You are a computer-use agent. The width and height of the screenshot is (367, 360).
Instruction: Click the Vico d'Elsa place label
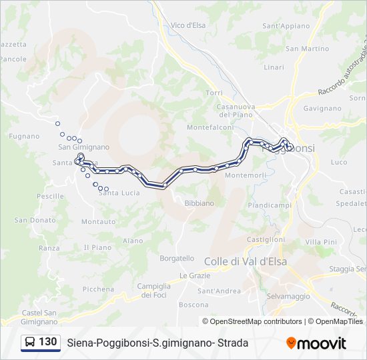[x=188, y=25]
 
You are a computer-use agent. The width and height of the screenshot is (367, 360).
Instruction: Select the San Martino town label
[x=307, y=49]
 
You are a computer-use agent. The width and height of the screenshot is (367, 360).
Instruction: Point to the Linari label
[x=274, y=67]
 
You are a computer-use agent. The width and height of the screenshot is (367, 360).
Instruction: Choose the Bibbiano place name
[x=200, y=203]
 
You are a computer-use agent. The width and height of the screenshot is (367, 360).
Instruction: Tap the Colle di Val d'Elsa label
[x=245, y=261]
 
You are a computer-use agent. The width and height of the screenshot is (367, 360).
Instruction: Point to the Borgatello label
[x=177, y=258]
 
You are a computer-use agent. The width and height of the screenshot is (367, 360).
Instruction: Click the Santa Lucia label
[x=119, y=193]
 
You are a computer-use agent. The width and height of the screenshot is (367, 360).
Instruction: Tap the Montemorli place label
[x=246, y=175]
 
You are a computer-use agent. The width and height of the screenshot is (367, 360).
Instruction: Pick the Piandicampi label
[x=270, y=205]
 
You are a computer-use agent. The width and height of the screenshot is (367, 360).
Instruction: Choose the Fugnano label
[x=25, y=136]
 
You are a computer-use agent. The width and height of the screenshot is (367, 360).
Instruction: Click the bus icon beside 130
[x=31, y=343]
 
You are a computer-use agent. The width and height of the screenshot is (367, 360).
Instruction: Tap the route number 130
[x=48, y=342]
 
